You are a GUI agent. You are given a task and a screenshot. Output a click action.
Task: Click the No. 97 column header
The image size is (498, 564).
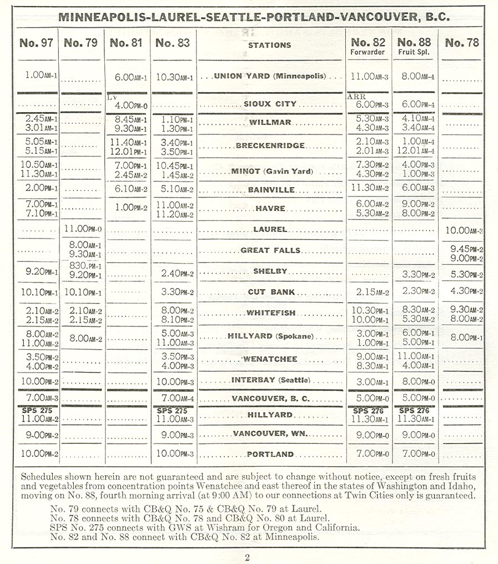[x=36, y=43]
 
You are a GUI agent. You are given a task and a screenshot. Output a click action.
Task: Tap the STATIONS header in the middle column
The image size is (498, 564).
[x=269, y=44]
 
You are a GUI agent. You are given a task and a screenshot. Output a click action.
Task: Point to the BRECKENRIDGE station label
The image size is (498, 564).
[x=270, y=146]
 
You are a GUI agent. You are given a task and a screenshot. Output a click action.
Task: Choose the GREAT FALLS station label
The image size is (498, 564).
[x=270, y=250]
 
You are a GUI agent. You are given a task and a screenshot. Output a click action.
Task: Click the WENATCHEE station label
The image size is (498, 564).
[x=270, y=359]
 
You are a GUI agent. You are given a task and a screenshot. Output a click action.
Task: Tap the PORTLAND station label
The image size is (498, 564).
[x=270, y=454]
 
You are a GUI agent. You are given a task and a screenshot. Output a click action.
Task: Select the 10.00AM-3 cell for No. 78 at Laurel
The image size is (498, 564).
[x=462, y=229]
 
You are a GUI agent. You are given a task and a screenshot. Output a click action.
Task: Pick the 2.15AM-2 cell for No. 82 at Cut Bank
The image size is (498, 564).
[x=369, y=292]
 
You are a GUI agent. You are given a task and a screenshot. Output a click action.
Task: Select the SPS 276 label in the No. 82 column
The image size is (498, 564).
[x=368, y=411]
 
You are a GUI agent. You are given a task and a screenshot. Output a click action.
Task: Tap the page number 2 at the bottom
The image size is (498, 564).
[x=247, y=558]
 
